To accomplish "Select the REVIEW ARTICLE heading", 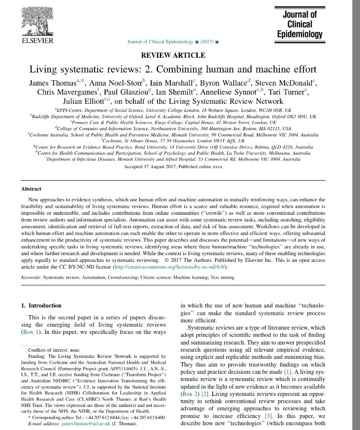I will (x=180, y=55).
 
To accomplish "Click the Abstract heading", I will (x=31, y=189).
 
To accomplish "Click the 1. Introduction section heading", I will (x=41, y=306).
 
